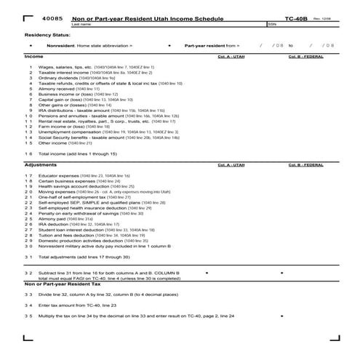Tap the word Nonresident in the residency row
coord(61,45)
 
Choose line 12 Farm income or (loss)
coord(60,126)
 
